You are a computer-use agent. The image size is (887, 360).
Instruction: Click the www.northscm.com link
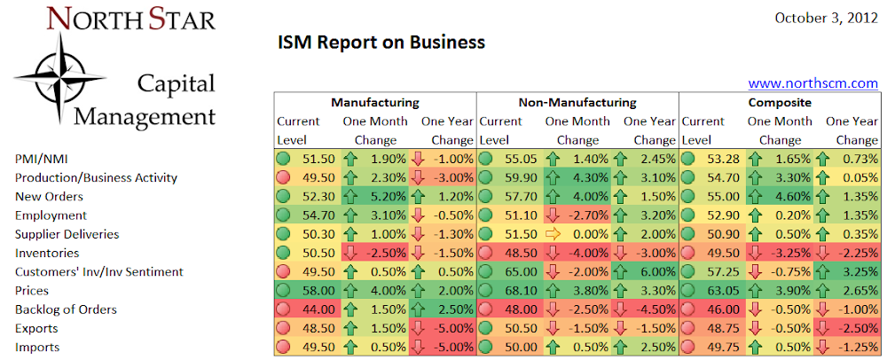click(812, 83)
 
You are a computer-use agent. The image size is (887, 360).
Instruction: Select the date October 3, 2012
click(826, 18)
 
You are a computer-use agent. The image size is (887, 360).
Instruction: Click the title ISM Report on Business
click(381, 43)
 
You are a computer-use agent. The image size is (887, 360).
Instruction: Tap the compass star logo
click(59, 78)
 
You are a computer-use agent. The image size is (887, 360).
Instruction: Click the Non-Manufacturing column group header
click(577, 102)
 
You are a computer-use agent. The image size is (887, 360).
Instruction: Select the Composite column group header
click(780, 102)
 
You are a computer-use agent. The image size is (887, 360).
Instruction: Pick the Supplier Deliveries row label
click(67, 234)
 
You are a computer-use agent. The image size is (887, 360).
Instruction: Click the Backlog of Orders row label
click(66, 309)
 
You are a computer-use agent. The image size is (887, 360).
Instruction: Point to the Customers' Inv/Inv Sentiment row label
click(99, 272)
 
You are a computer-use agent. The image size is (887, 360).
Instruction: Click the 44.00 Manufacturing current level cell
click(308, 309)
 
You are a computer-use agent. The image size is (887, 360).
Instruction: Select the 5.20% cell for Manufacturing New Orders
click(374, 197)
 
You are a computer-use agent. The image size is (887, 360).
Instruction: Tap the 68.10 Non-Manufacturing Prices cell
click(510, 291)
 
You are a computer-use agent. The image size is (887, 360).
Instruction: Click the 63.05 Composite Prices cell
click(713, 291)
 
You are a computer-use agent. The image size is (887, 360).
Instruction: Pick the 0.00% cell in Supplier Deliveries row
click(577, 234)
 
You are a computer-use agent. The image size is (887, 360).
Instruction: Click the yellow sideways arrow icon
click(553, 234)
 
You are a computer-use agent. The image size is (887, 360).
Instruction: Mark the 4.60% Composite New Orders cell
click(779, 197)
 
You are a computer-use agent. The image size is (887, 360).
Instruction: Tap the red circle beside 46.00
click(688, 309)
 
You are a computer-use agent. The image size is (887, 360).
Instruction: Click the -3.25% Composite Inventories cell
click(779, 254)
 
